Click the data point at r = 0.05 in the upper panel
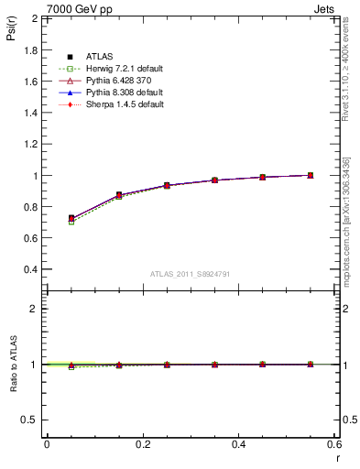[x=71, y=219]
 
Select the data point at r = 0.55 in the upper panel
[x=311, y=175]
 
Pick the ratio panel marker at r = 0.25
[x=167, y=365]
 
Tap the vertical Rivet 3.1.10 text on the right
[x=346, y=73]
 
